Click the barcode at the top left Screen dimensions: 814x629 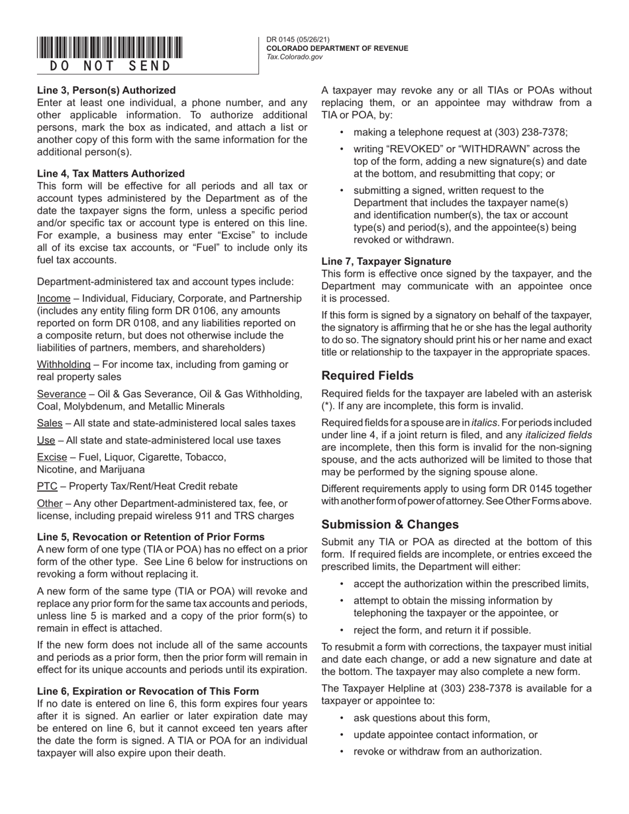point(110,48)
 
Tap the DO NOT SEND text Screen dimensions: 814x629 point(110,66)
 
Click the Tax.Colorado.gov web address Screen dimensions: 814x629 point(295,57)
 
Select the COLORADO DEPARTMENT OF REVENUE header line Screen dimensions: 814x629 point(337,48)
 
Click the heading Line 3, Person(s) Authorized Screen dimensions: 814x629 point(107,90)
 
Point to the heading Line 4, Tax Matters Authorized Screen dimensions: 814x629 point(111,173)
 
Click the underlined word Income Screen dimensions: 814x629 point(54,298)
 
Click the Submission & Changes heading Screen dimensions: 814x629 point(390,524)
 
